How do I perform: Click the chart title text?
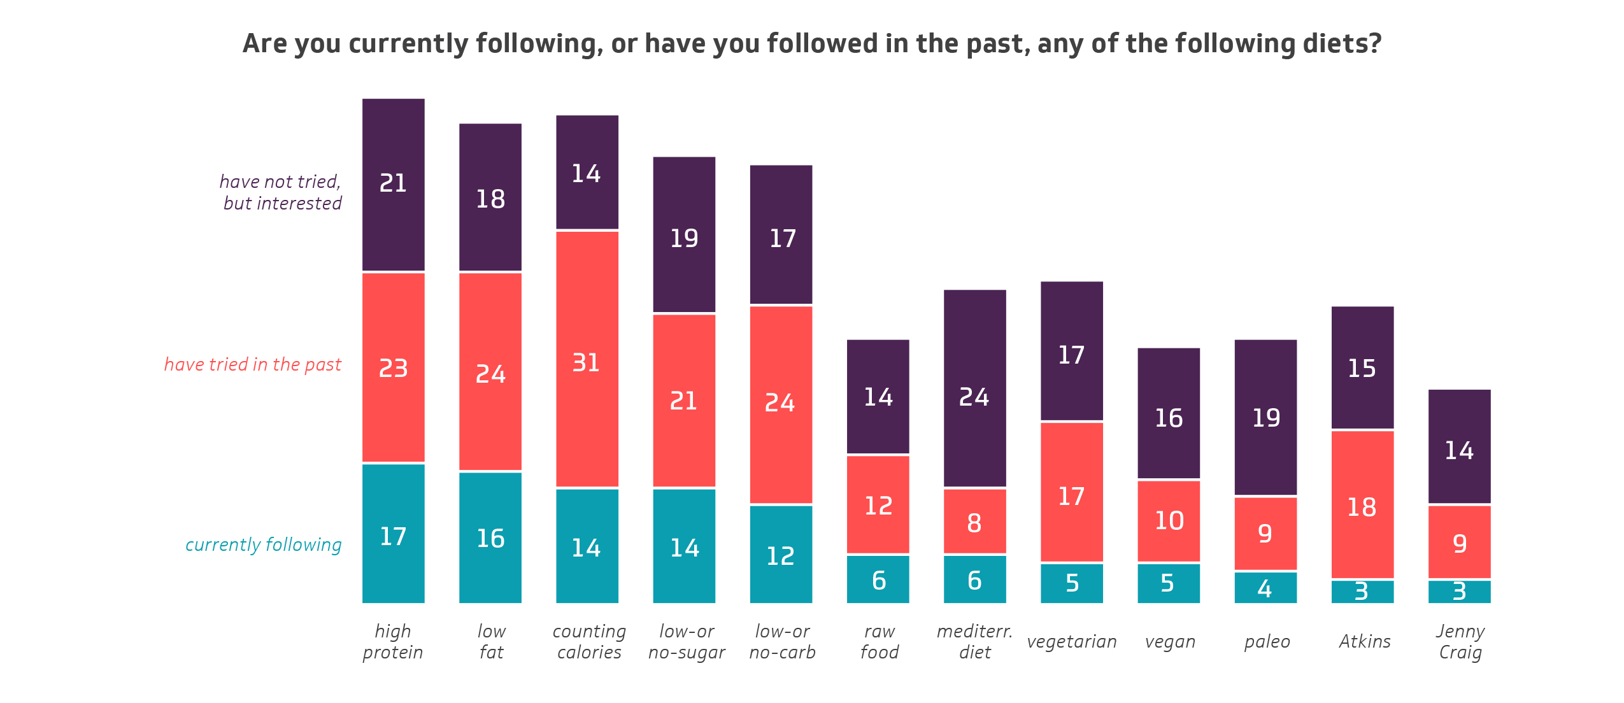(812, 43)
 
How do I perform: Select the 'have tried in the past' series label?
(253, 364)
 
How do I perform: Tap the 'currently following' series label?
(263, 544)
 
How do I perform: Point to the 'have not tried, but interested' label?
(281, 192)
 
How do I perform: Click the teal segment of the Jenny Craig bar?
(1459, 592)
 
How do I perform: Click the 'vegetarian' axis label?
(1072, 641)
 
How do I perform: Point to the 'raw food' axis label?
(879, 641)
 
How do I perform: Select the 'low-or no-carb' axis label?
(782, 641)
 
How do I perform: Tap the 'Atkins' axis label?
(1364, 641)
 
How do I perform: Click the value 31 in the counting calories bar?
(586, 363)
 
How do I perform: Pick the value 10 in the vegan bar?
(1169, 521)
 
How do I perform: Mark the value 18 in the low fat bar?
(490, 199)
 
